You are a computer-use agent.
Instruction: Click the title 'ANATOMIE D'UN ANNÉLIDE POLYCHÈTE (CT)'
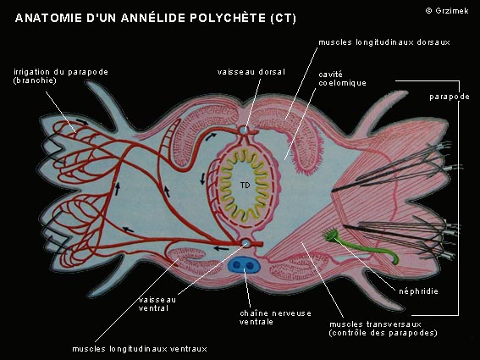[156, 18]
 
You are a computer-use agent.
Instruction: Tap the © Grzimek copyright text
[447, 11]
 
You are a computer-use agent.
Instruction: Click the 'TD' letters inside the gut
[245, 185]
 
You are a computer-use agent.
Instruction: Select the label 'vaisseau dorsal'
[251, 72]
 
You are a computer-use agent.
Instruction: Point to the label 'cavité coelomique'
[342, 79]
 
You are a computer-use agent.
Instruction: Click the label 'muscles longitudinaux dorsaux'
[384, 42]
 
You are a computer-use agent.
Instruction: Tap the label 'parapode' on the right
[450, 97]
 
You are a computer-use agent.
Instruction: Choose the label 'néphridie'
[418, 291]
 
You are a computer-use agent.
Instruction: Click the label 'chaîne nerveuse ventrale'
[275, 318]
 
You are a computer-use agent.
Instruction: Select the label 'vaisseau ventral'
[157, 303]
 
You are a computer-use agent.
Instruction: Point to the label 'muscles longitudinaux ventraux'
[140, 349]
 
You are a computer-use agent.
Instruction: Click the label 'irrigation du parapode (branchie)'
[61, 76]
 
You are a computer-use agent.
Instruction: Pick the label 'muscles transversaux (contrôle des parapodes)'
[383, 329]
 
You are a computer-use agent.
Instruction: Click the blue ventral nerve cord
[244, 265]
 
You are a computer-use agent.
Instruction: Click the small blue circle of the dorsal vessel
[244, 130]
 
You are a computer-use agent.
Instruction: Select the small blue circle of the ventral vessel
[246, 244]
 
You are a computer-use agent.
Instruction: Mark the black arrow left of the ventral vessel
[221, 248]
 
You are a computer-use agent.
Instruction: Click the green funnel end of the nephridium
[331, 235]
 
